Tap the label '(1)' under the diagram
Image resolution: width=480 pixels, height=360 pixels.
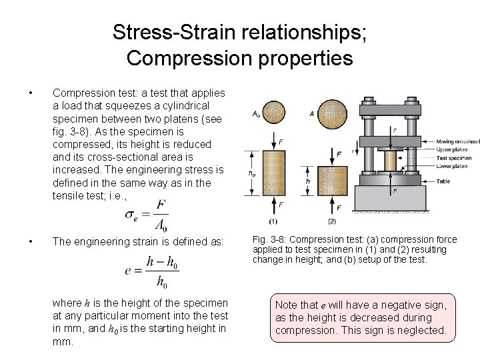pos(273,221)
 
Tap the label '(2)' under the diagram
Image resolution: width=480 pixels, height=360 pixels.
pos(331,221)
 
